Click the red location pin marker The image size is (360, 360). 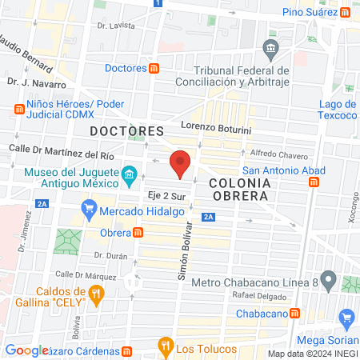tap(181, 162)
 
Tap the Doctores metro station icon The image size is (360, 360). tap(154, 68)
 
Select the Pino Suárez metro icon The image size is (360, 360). tap(345, 13)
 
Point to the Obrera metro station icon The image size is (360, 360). tap(138, 233)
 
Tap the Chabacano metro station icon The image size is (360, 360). tap(295, 313)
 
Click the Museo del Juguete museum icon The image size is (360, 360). tap(128, 173)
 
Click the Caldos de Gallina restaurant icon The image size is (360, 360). tap(96, 294)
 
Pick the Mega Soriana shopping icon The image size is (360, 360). tap(346, 318)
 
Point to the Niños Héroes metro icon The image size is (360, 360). tap(18, 110)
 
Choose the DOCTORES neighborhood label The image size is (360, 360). tap(126, 130)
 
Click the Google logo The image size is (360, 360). tap(26, 350)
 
